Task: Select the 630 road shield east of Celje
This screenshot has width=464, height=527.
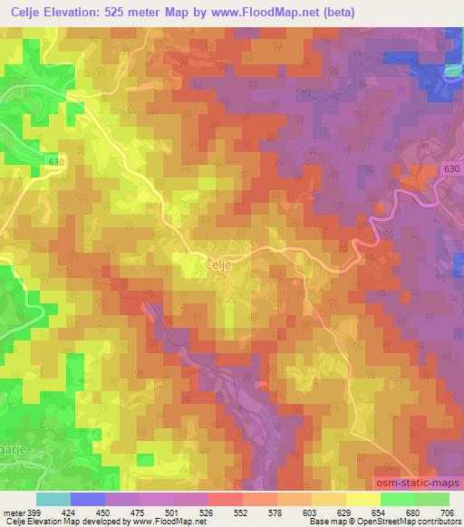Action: pyautogui.click(x=453, y=168)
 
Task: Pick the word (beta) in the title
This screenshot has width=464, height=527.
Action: pyautogui.click(x=339, y=12)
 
